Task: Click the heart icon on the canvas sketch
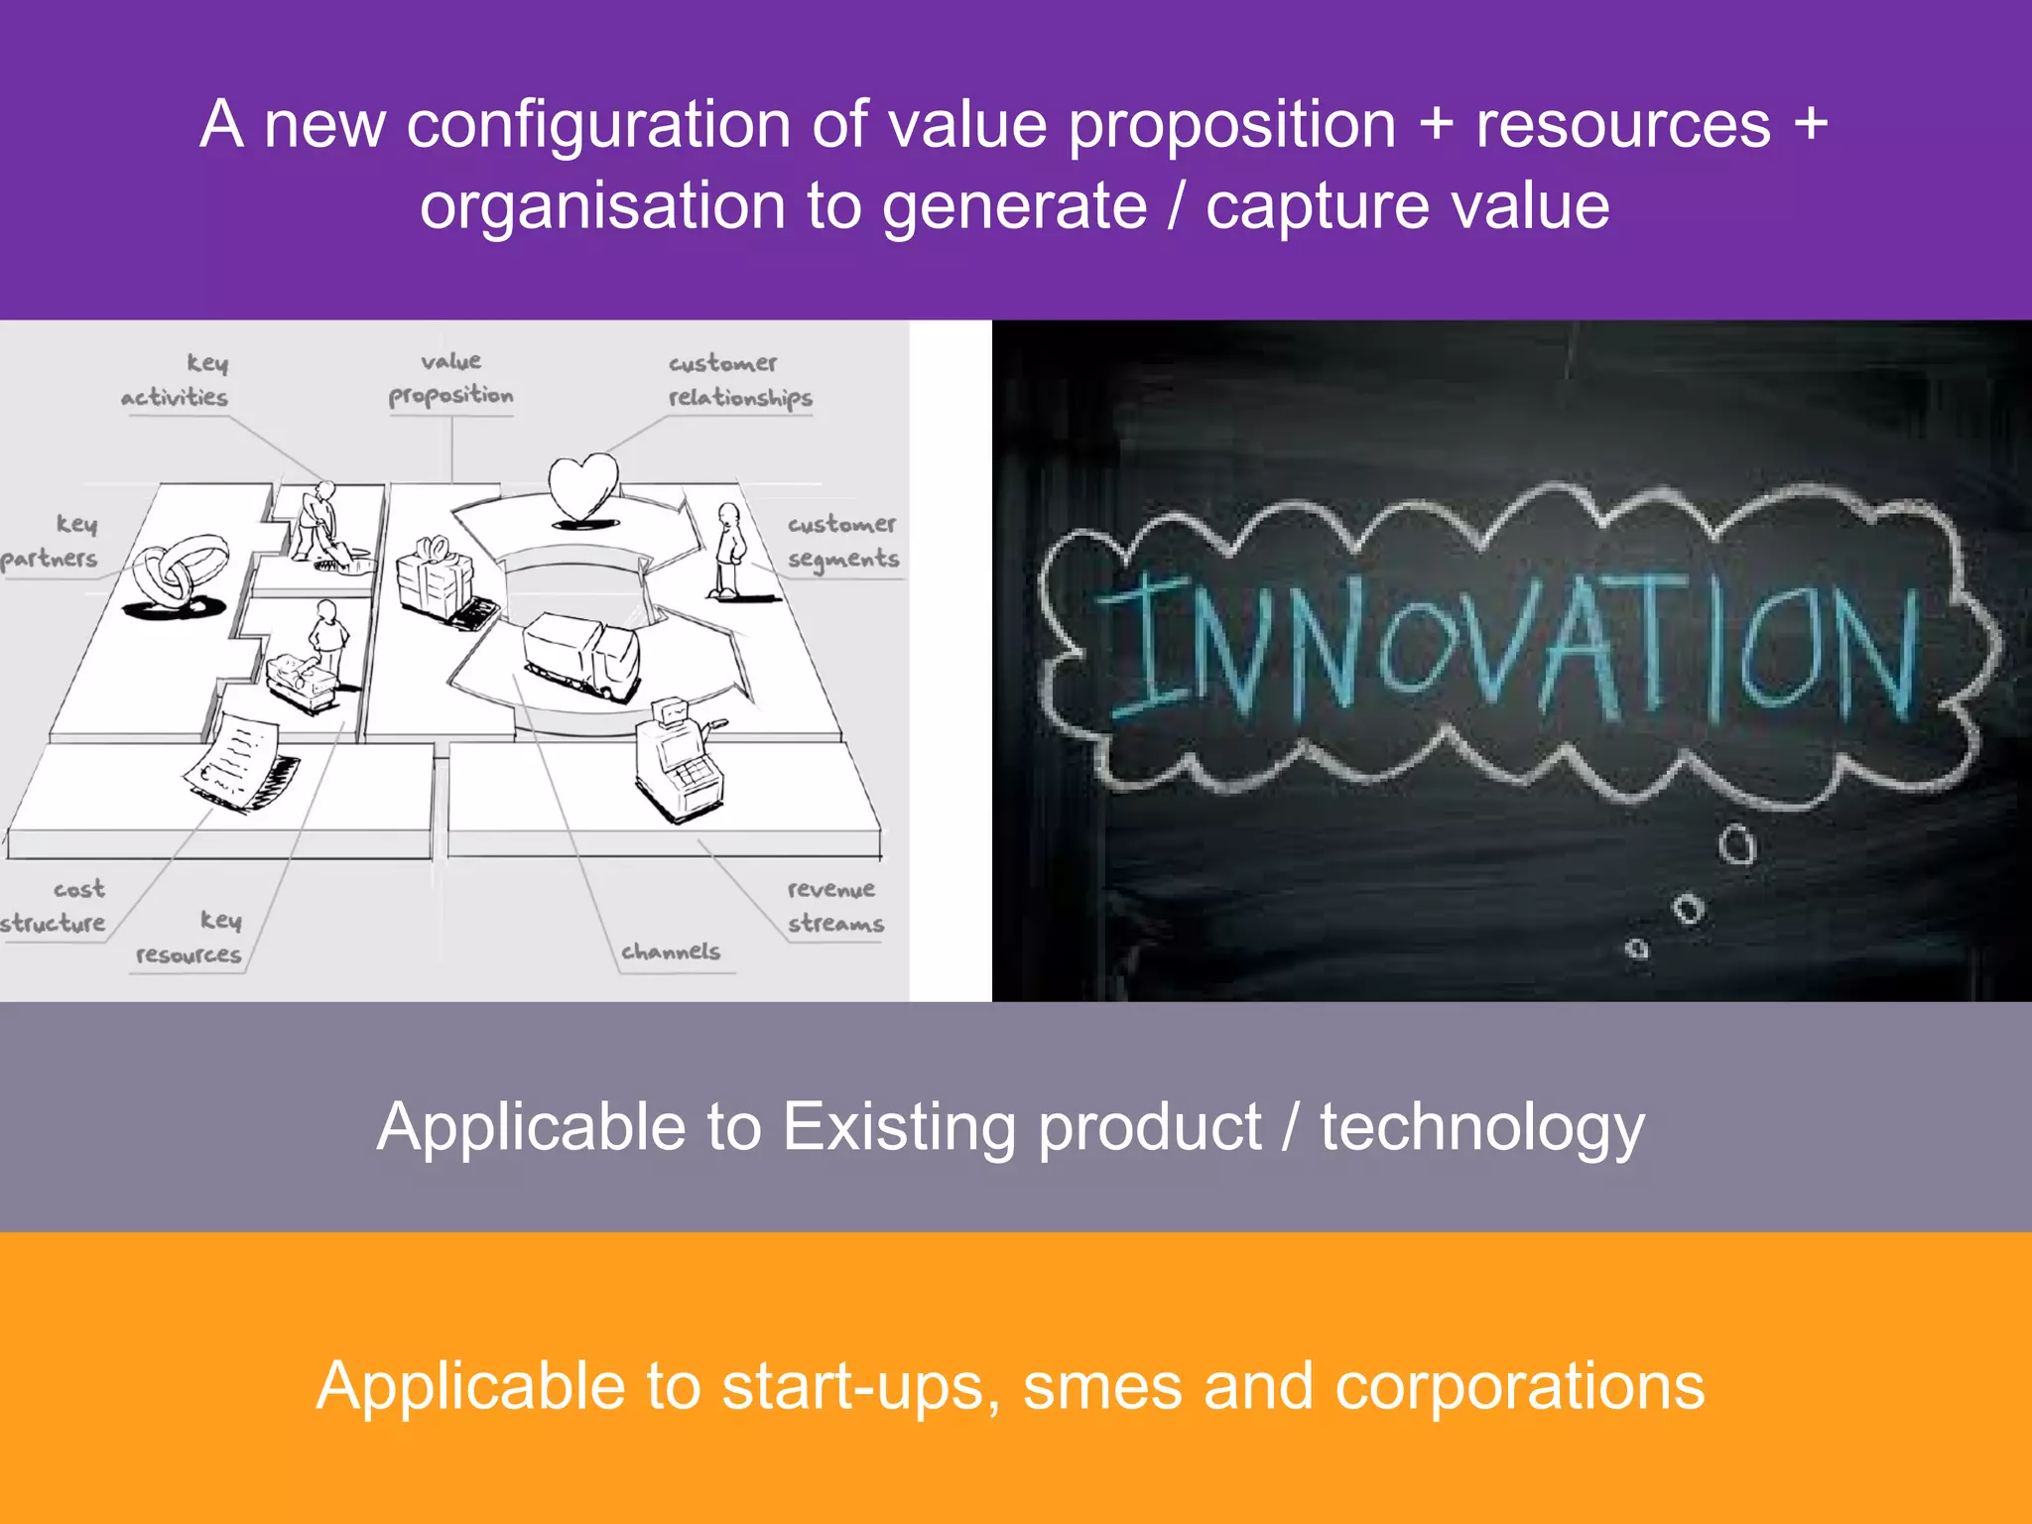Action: click(583, 486)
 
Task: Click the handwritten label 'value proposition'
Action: click(451, 379)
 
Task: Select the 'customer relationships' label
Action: click(739, 381)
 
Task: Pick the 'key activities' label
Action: click(177, 380)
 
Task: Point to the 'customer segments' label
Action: click(843, 542)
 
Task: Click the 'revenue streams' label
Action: click(834, 906)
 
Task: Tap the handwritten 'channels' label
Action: click(671, 952)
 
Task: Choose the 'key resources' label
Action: click(190, 938)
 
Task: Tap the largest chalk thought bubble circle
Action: click(1736, 845)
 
